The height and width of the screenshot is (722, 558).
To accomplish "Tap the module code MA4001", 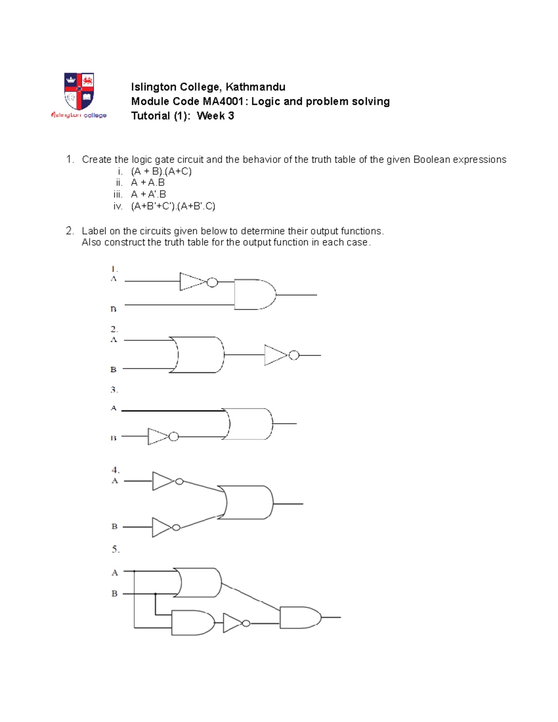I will [223, 101].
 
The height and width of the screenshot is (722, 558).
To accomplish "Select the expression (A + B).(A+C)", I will [161, 171].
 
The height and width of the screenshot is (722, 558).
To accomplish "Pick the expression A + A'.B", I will [148, 194].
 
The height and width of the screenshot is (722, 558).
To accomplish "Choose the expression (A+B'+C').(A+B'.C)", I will [173, 206].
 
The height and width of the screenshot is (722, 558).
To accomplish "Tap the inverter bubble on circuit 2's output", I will [293, 355].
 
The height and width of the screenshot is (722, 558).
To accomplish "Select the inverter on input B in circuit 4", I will [163, 527].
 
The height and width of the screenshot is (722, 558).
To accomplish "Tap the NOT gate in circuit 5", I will [233, 623].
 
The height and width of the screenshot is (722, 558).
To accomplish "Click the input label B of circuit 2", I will [113, 370].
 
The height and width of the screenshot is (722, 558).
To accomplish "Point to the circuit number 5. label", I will [115, 550].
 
